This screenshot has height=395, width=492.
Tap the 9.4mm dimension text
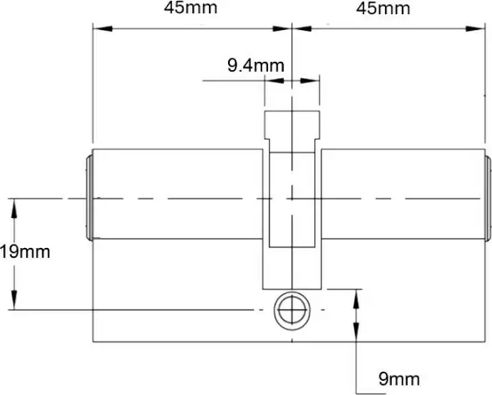tap(256, 63)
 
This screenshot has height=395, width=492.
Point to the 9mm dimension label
tap(398, 380)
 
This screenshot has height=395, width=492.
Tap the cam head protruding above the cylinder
tap(292, 126)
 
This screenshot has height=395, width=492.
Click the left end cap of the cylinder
tap(89, 198)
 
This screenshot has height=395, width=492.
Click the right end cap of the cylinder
tap(487, 198)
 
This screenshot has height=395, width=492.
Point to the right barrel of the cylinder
tap(401, 197)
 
